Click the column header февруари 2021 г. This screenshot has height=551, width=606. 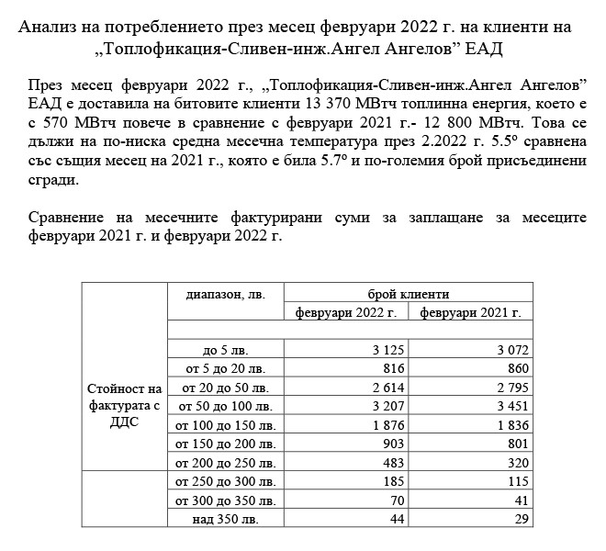[471, 312]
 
